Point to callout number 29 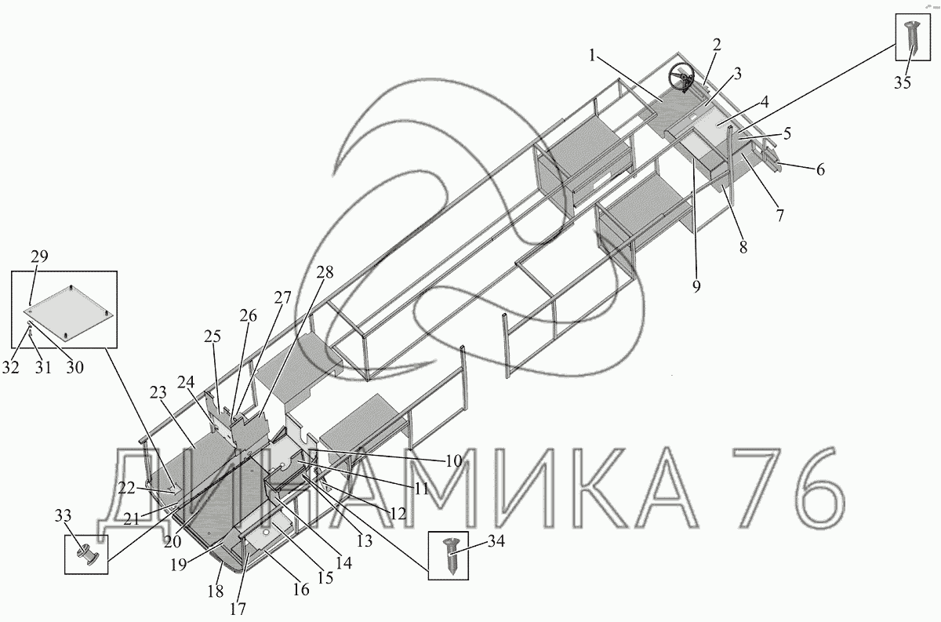[x=39, y=256]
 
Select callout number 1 [x=592, y=56]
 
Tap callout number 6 [x=820, y=169]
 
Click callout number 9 [x=696, y=286]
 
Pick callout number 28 [x=325, y=273]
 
